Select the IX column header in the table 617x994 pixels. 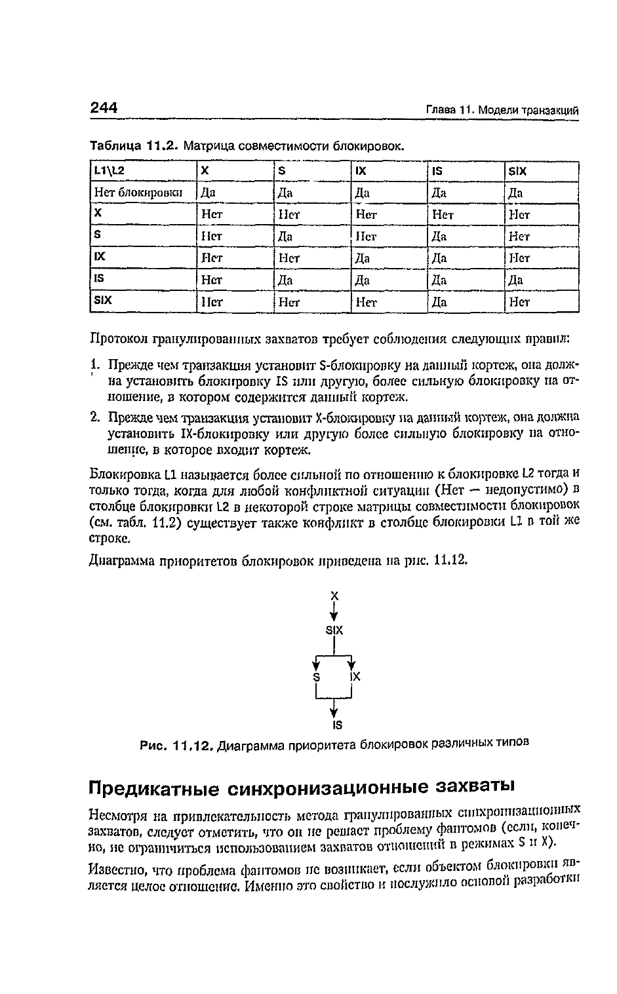[x=360, y=170]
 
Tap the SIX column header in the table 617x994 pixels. [x=518, y=170]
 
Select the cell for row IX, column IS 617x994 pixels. [x=439, y=258]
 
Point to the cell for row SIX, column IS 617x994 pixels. [x=439, y=302]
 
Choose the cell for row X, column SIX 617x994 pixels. [x=519, y=214]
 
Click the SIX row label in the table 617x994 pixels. [x=104, y=301]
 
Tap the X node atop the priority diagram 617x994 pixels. [x=334, y=596]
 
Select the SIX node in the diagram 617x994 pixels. [x=334, y=630]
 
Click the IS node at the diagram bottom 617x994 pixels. [x=337, y=725]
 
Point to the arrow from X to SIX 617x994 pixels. [x=334, y=613]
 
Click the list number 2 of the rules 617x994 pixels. [x=94, y=417]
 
